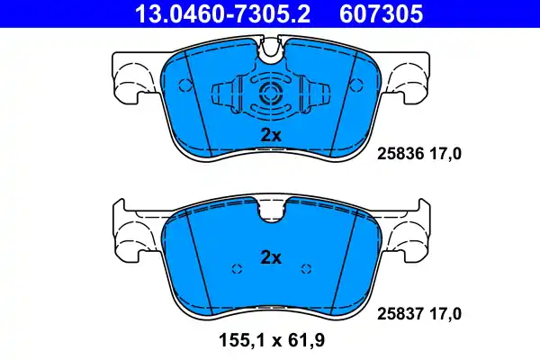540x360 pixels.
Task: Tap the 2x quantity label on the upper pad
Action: click(271, 134)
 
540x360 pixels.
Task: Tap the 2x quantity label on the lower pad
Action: click(271, 257)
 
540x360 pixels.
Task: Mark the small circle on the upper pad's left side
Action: click(187, 86)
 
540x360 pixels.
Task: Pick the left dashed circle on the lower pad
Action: click(237, 268)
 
